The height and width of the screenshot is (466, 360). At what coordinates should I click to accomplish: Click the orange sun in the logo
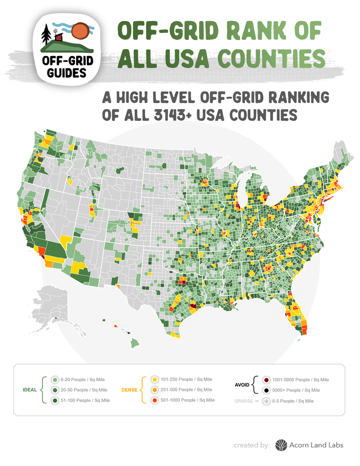[x=81, y=31]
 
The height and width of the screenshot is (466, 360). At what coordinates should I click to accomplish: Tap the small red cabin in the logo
[x=59, y=38]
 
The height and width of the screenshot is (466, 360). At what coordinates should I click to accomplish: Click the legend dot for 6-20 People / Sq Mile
[x=55, y=379]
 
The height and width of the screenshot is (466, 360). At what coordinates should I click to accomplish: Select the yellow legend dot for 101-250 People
[x=154, y=379]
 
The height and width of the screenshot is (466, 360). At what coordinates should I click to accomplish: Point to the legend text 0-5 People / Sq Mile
[x=293, y=400]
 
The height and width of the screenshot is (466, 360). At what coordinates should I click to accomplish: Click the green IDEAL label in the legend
[x=30, y=389]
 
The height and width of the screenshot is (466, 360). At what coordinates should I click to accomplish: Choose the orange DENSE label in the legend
[x=130, y=389]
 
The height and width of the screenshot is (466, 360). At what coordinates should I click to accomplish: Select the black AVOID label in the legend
[x=242, y=384]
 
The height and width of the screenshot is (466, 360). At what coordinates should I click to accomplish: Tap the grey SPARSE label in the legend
[x=244, y=400]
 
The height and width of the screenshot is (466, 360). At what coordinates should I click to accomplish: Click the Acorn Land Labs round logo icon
[x=281, y=444]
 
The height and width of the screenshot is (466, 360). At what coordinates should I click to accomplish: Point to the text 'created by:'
[x=251, y=445]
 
